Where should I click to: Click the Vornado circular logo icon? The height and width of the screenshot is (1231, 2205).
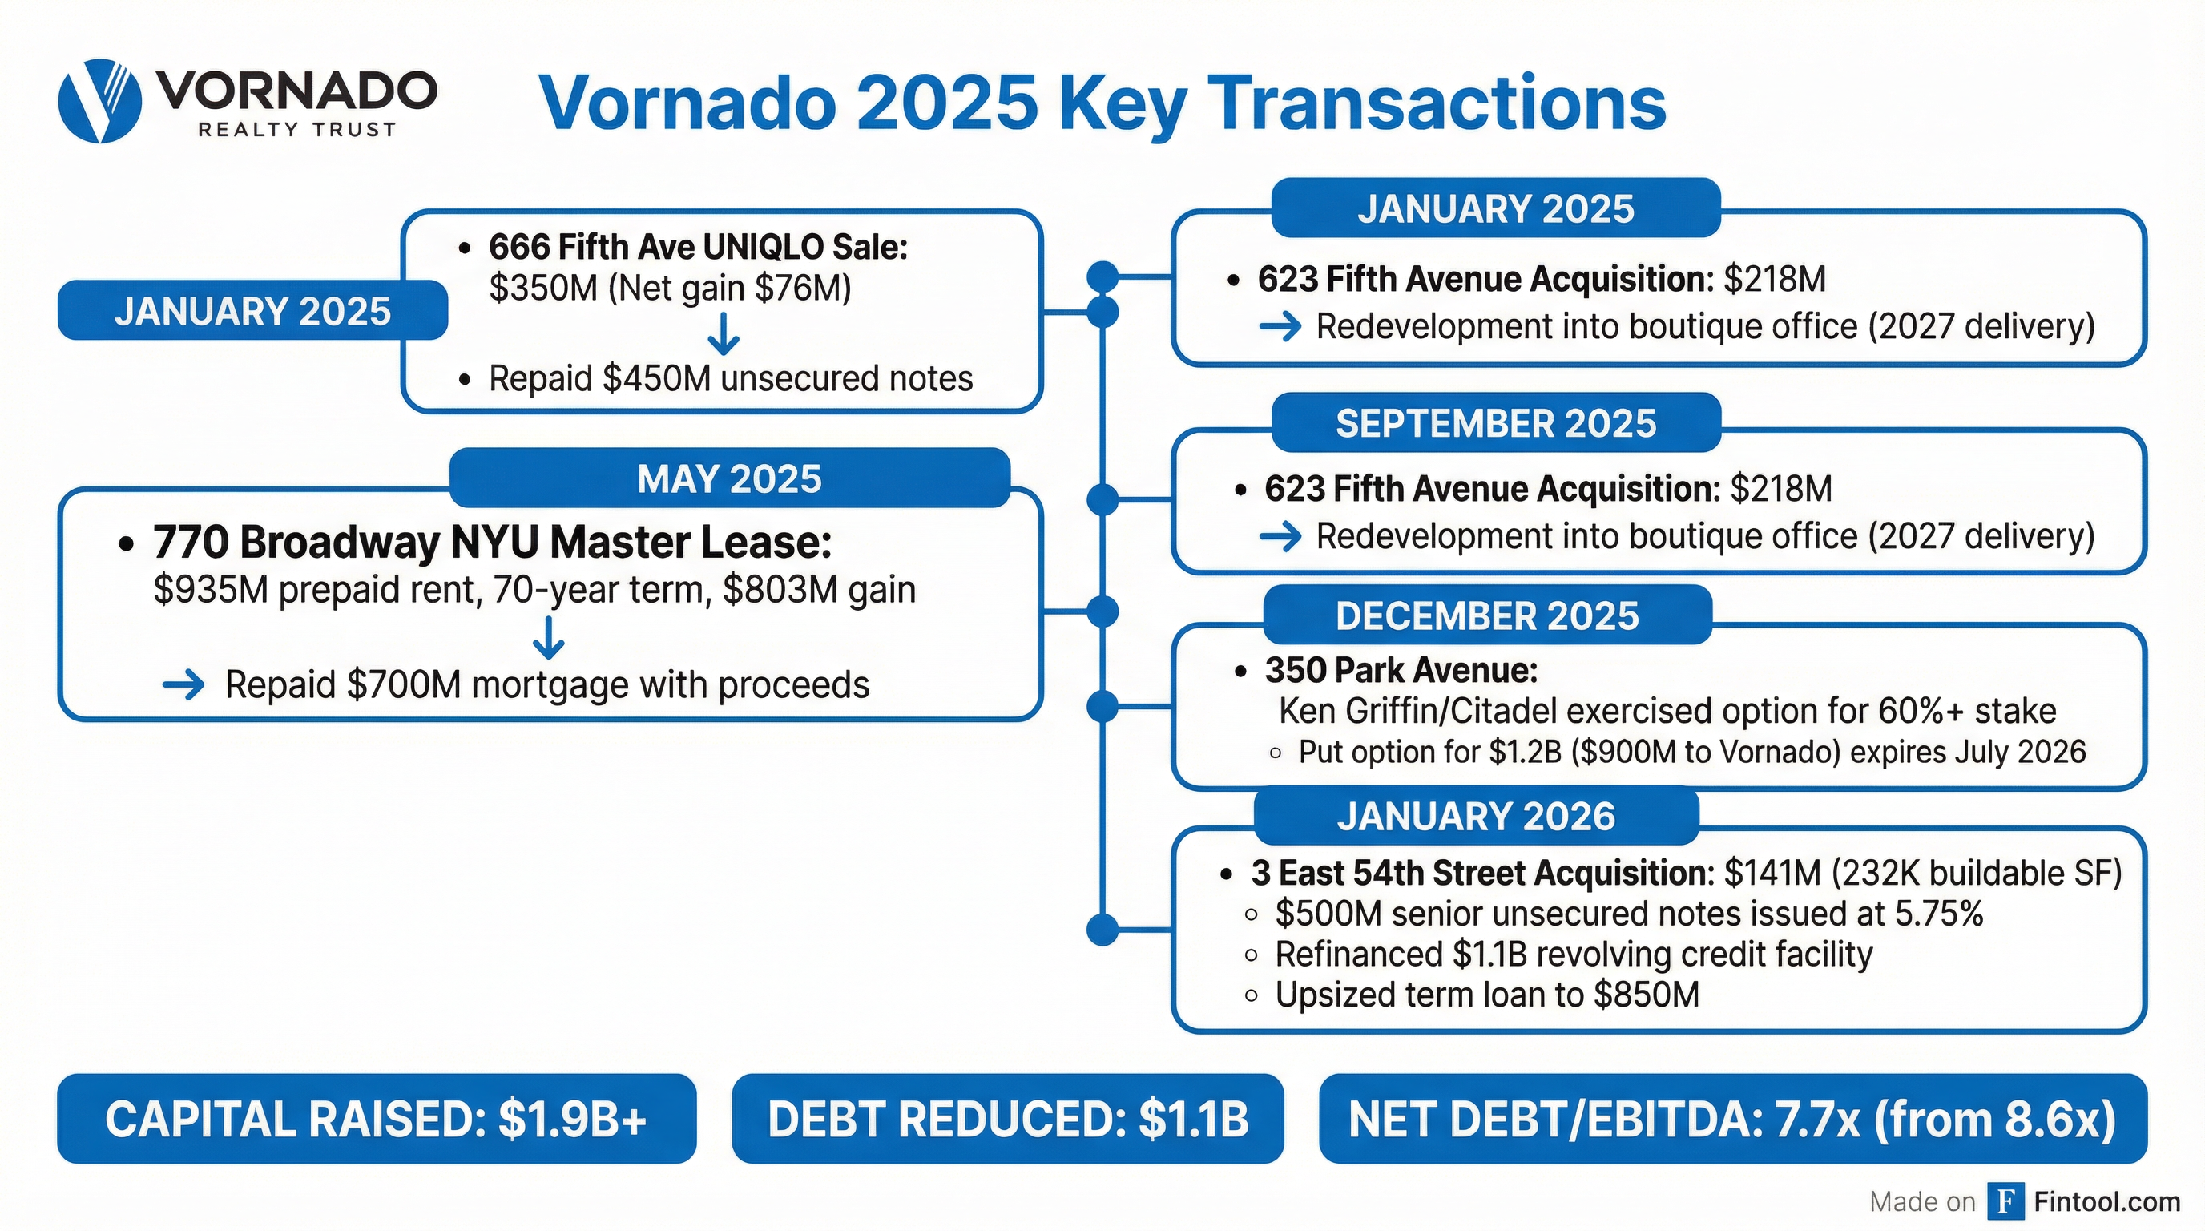coord(99,101)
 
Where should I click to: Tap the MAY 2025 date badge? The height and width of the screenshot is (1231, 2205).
coord(729,478)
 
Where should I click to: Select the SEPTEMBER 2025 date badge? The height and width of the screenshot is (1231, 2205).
coord(1495,423)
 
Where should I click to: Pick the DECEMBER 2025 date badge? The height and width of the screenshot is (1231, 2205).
coord(1487,615)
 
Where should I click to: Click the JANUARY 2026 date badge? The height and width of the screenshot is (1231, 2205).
coord(1476,817)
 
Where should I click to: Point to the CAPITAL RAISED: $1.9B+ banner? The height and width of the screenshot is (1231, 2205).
coord(376,1119)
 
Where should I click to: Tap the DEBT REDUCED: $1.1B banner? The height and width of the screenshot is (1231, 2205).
coord(1007,1119)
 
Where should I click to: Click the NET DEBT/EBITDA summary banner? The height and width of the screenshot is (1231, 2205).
coord(1732,1119)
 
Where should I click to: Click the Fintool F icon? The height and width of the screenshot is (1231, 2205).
coord(2005,1201)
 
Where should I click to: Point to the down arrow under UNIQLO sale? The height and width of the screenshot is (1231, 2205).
coord(724,334)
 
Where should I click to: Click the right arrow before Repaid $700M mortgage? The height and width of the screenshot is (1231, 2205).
coord(183,685)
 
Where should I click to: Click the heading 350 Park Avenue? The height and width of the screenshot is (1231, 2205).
coord(1401,670)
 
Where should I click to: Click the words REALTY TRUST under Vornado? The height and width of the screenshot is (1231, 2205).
coord(296,129)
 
